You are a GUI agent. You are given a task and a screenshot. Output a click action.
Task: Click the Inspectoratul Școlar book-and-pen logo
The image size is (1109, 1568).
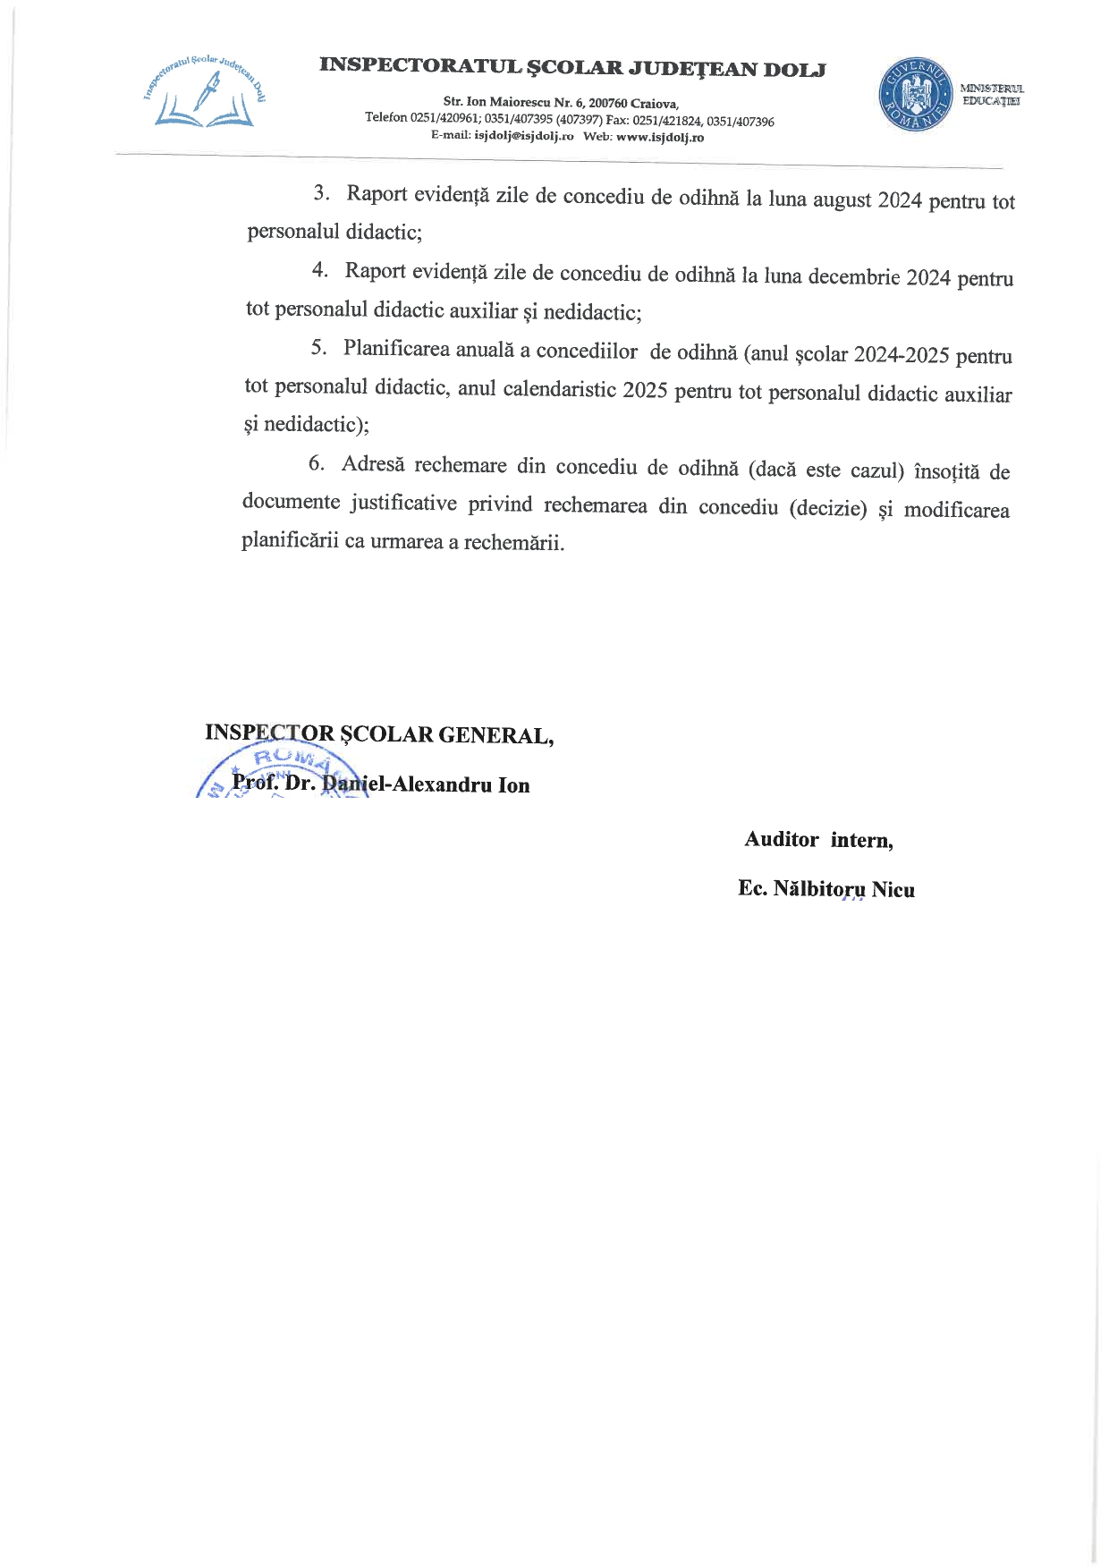206,92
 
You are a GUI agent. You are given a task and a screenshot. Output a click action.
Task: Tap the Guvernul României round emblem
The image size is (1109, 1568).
914,94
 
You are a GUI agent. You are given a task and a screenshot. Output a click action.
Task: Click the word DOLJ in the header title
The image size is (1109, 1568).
794,69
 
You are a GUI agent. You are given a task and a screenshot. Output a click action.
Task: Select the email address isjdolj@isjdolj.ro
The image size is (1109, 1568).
523,137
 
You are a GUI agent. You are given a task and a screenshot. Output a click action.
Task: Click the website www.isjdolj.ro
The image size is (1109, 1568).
660,138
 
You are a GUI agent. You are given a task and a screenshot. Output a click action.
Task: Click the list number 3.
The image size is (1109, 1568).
320,192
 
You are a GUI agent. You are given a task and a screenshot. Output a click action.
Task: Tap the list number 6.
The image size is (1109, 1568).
316,463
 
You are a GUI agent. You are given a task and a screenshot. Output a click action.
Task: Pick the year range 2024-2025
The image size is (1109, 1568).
901,355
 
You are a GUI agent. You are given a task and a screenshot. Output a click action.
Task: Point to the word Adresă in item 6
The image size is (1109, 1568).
373,464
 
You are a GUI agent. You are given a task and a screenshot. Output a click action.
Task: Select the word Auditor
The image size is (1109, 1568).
781,839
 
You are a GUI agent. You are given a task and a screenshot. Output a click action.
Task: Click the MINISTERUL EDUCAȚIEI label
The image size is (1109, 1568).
992,94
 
